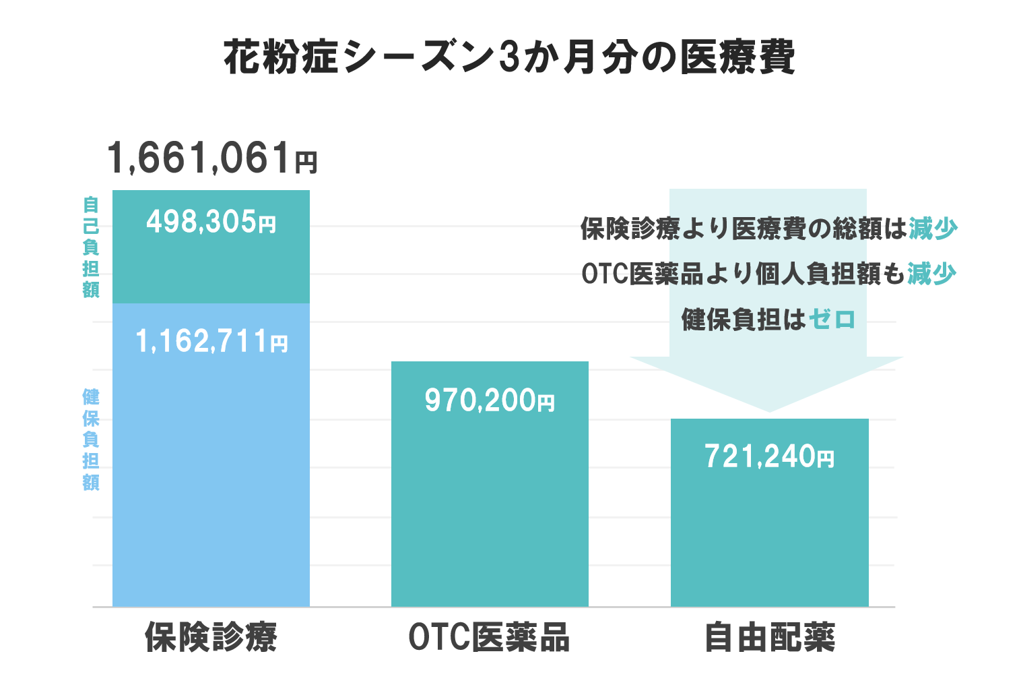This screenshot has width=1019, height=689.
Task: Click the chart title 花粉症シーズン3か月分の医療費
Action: [509, 57]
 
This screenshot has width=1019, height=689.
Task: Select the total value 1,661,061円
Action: [211, 158]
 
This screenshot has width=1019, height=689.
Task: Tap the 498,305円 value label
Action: [211, 222]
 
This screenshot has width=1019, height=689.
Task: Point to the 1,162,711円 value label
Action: [211, 341]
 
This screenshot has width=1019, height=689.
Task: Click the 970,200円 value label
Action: [490, 400]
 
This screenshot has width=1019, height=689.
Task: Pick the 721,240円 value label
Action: [769, 456]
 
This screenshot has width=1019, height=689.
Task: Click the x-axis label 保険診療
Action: [211, 637]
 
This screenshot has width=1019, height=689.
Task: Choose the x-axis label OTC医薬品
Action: [489, 637]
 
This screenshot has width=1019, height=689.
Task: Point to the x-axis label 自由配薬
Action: [769, 637]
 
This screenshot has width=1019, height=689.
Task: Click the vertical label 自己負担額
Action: [91, 247]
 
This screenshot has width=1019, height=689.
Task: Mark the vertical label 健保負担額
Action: [91, 439]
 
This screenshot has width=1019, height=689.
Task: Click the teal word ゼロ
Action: [832, 319]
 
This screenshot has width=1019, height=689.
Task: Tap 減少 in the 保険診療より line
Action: [933, 229]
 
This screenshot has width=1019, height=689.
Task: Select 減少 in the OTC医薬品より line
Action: [931, 274]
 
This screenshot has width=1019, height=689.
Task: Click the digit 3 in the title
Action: [508, 57]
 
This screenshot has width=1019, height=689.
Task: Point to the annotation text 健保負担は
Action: [743, 319]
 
